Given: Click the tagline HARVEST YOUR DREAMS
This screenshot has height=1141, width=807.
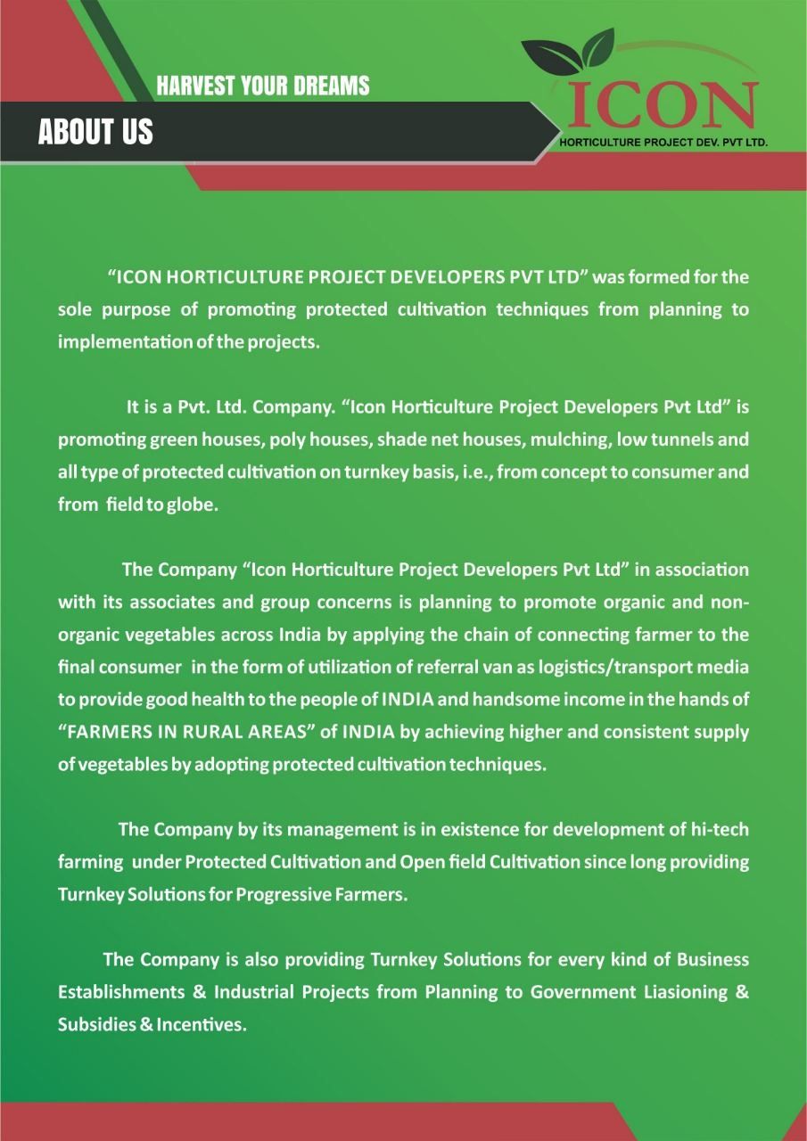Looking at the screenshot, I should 262,86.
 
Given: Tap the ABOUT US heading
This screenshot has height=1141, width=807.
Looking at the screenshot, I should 95,133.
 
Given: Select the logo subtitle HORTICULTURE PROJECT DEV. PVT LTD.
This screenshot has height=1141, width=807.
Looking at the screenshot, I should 663,142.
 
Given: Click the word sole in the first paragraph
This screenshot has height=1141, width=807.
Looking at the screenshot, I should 76,309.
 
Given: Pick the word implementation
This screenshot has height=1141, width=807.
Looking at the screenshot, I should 115,342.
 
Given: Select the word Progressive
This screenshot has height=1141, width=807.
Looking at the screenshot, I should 282,895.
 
